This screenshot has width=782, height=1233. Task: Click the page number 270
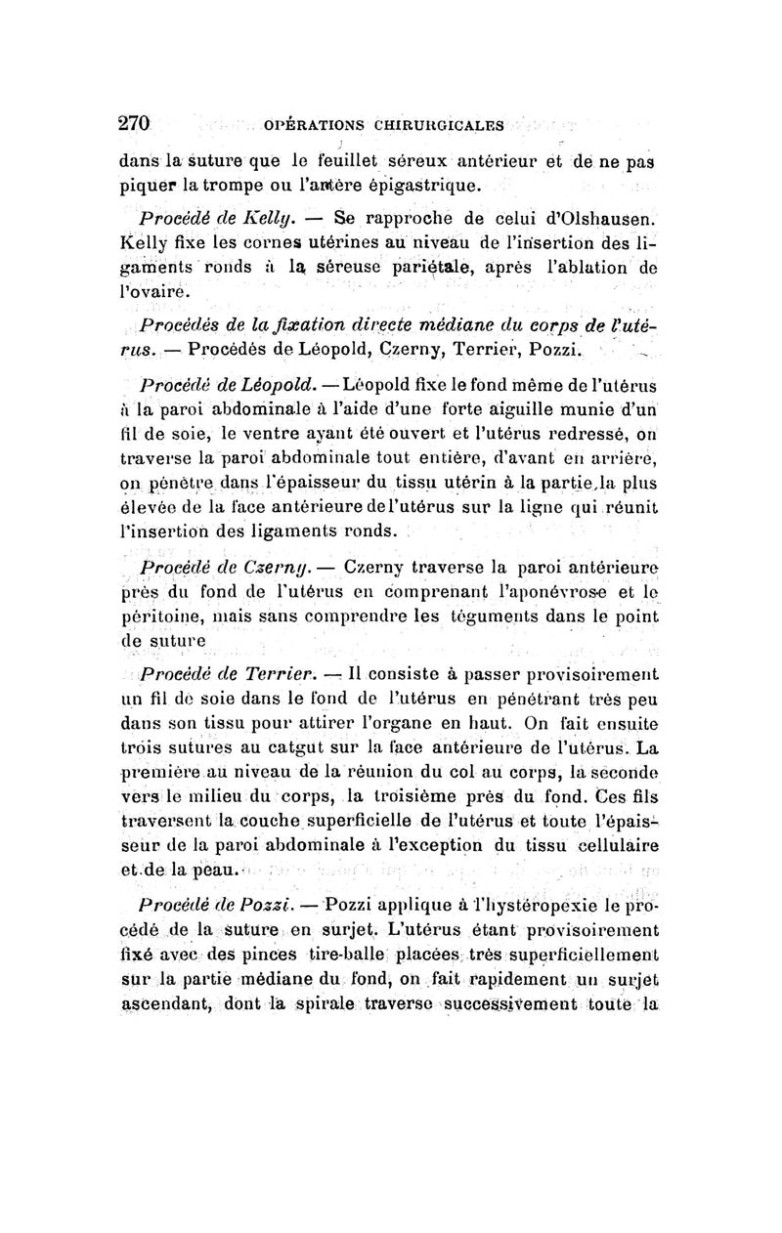(133, 124)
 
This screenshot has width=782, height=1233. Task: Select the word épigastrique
(426, 185)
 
